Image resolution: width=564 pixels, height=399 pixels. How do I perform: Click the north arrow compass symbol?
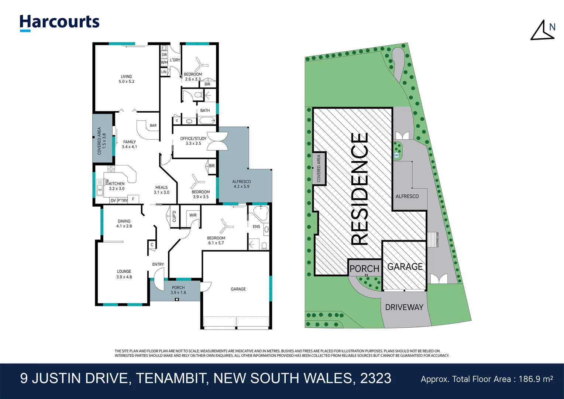click(x=543, y=31)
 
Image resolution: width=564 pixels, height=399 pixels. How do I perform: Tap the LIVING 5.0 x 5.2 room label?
click(x=126, y=79)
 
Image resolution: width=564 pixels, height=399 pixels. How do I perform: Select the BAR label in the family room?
click(x=153, y=126)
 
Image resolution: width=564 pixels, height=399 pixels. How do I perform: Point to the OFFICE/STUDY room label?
click(x=193, y=141)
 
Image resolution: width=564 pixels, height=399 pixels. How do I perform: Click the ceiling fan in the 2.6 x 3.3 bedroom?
click(x=200, y=65)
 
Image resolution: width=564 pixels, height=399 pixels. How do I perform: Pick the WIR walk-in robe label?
click(x=193, y=215)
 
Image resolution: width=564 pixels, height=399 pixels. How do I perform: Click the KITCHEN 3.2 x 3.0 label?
click(x=117, y=186)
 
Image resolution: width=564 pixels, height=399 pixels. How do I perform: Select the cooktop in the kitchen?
click(x=111, y=169)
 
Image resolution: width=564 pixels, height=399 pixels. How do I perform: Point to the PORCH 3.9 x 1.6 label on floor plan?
click(x=178, y=290)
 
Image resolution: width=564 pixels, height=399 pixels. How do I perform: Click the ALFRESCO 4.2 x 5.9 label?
click(x=241, y=184)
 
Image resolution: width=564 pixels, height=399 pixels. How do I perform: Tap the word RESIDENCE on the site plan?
click(x=359, y=188)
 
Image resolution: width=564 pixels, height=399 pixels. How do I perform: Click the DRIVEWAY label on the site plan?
click(x=404, y=307)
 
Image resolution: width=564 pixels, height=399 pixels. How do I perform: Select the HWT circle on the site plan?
click(x=397, y=155)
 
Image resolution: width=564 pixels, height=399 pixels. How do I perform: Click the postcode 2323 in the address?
click(x=375, y=379)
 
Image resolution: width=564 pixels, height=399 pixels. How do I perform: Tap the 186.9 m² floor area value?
click(x=536, y=379)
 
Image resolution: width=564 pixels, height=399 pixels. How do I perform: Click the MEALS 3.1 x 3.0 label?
click(x=161, y=190)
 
